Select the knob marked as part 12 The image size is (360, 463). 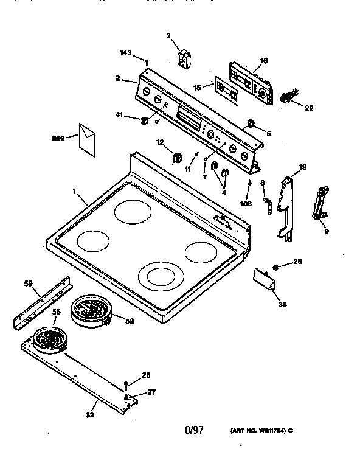click(178, 158)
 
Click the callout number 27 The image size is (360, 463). click(151, 392)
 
